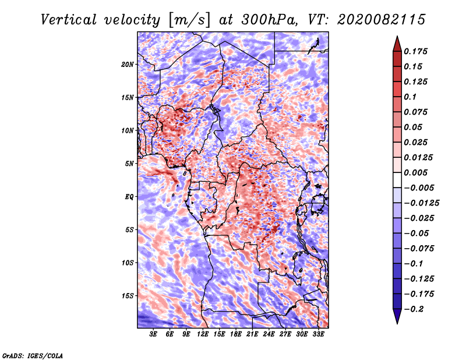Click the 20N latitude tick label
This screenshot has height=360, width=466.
128,64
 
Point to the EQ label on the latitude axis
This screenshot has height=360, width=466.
129,197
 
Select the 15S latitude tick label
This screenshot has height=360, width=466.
128,296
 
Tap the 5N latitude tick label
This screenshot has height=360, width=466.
129,164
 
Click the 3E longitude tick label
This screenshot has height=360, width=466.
154,334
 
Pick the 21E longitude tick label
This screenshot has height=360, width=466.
252,334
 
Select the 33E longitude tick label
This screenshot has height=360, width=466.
318,334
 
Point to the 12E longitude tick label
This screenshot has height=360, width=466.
203,334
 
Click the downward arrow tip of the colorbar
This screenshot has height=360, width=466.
397,322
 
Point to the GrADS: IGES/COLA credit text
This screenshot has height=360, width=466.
32,355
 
